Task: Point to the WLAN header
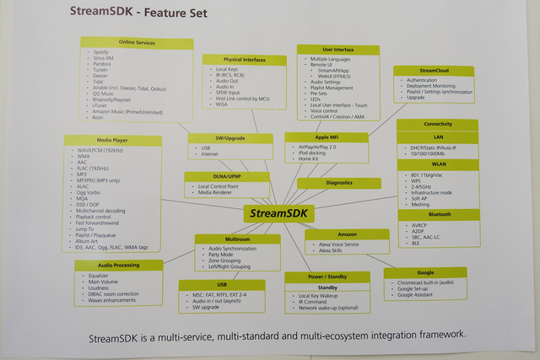tap(438, 165)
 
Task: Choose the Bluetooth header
tap(438, 215)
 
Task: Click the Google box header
tap(424, 272)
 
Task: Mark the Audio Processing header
tap(118, 265)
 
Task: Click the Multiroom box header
tap(237, 239)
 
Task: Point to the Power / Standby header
tap(327, 277)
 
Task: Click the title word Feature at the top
tap(192, 13)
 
